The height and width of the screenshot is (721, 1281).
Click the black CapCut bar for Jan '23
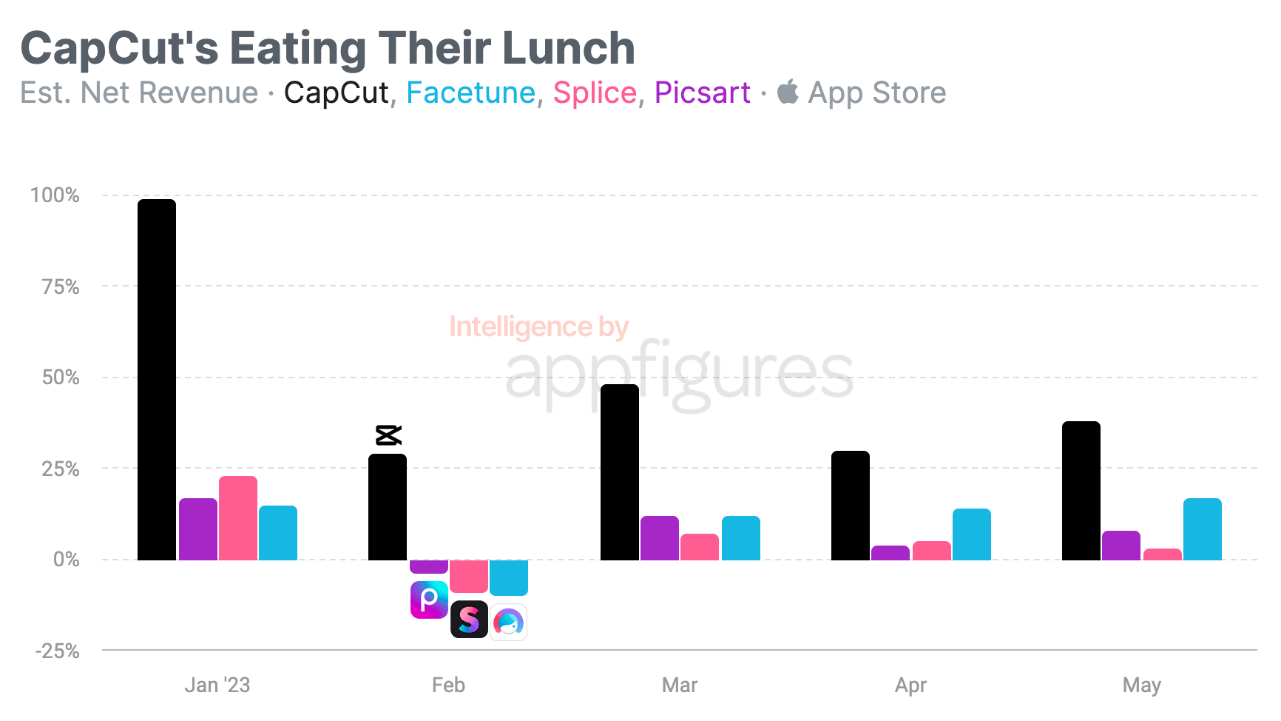point(157,379)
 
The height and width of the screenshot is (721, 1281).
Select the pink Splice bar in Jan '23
point(238,518)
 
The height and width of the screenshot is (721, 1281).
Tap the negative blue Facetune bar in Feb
point(509,577)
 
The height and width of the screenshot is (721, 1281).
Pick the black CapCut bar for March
point(620,472)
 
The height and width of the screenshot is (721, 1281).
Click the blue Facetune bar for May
point(1203,529)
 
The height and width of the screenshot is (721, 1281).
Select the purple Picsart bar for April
point(890,552)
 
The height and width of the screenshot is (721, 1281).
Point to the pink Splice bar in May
point(1163,554)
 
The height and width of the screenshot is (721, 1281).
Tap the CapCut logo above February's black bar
point(388,435)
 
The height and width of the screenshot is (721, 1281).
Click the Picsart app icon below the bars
point(429,600)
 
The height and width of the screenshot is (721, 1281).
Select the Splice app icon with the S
point(469,620)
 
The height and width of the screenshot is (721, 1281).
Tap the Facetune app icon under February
point(509,622)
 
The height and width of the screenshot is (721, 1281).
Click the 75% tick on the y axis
point(61,286)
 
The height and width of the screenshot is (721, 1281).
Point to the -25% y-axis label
point(58,651)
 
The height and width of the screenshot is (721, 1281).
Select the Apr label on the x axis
point(910,685)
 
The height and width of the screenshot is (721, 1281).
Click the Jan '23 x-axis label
point(217,685)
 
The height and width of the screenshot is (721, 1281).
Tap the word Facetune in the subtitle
point(470,93)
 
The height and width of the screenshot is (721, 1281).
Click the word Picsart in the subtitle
point(702,93)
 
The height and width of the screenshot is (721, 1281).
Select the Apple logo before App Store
point(788,92)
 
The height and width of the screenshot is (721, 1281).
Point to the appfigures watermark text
point(679,374)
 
